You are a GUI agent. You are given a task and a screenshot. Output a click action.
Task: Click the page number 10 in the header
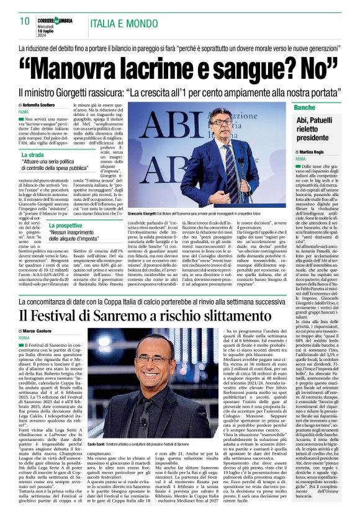point(25,21)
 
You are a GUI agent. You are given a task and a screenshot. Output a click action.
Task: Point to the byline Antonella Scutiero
point(43,105)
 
